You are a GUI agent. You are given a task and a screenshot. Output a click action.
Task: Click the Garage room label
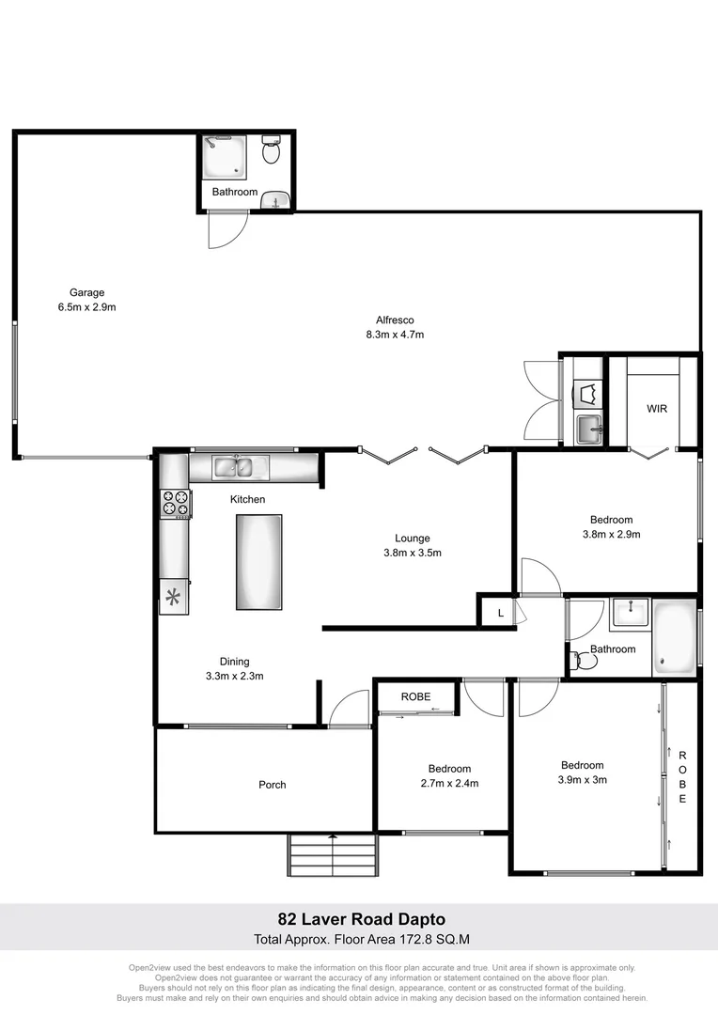tap(86, 291)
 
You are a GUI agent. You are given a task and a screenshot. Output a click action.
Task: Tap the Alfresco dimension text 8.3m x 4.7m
tap(395, 334)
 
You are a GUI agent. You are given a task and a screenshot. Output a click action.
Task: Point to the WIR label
tap(657, 409)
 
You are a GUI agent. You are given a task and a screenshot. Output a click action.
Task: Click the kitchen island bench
tap(258, 561)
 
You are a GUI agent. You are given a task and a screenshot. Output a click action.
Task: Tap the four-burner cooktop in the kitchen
tap(176, 504)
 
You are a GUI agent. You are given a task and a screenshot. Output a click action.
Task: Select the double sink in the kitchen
tap(241, 465)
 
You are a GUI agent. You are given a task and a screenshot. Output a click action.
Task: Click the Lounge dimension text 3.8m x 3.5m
tap(413, 553)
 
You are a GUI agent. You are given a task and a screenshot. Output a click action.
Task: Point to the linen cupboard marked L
tap(500, 613)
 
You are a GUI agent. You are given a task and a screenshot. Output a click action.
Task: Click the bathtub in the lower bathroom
tap(676, 638)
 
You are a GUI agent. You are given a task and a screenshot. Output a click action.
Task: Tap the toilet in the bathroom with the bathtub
tap(585, 661)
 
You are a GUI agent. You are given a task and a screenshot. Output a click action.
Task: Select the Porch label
tap(273, 785)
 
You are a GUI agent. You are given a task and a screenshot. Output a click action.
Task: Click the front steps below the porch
tap(336, 855)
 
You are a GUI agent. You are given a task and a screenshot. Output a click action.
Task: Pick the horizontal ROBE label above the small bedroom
tap(415, 697)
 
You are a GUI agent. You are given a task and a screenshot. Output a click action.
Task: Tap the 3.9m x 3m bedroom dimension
tap(583, 779)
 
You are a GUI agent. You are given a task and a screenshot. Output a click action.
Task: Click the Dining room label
tap(234, 662)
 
